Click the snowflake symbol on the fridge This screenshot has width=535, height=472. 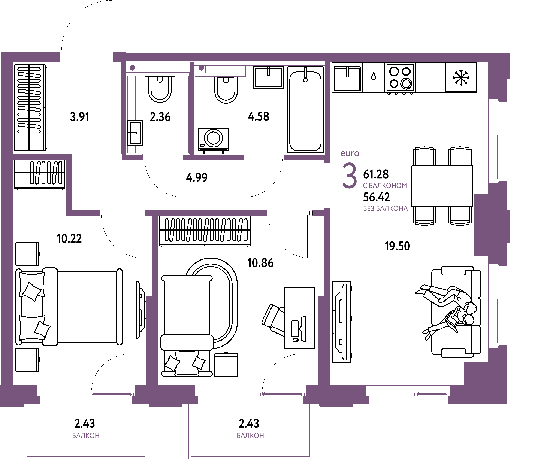click(x=461, y=77)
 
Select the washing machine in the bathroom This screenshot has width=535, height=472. click(x=213, y=140)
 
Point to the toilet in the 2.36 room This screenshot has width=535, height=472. click(x=160, y=89)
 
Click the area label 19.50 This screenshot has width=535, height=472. click(x=397, y=246)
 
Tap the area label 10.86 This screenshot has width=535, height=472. click(x=260, y=263)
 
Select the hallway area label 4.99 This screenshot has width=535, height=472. click(x=197, y=178)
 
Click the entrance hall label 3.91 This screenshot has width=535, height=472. click(x=80, y=117)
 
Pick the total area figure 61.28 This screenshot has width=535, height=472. click(x=376, y=174)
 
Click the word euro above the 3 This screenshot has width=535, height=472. click(x=350, y=153)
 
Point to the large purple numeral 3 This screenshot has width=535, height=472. click(x=350, y=175)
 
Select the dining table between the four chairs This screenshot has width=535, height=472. click(x=442, y=186)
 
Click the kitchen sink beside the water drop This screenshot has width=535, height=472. click(x=347, y=78)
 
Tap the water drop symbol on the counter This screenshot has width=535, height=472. click(x=374, y=76)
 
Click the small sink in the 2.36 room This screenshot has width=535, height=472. click(x=135, y=133)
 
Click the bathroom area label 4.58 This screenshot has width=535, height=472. click(x=259, y=116)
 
